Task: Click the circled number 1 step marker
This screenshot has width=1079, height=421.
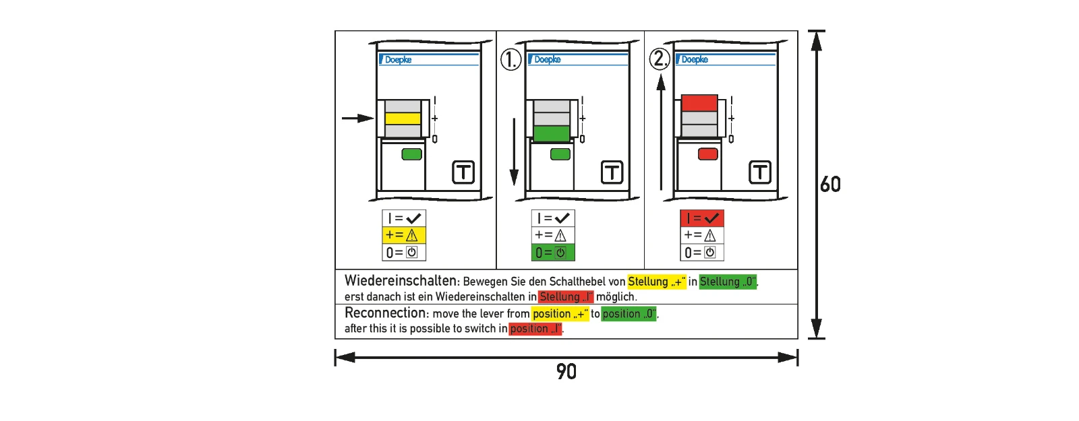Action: point(511,60)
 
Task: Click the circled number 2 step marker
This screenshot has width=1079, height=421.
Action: point(660,59)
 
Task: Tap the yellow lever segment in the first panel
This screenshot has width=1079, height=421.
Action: point(403,119)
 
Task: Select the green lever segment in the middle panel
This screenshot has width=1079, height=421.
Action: point(552,133)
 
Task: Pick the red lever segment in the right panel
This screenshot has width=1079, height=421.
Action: point(699,102)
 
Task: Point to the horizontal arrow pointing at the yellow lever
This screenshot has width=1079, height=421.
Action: point(358,118)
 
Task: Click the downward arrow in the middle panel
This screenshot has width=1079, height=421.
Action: point(514,152)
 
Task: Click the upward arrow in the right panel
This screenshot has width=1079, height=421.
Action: point(661,132)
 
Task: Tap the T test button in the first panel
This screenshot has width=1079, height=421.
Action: point(463,172)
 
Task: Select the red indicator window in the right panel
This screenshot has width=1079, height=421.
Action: point(708,154)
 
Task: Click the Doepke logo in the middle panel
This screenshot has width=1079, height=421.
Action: point(545,59)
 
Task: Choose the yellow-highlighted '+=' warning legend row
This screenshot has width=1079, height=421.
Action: point(404,235)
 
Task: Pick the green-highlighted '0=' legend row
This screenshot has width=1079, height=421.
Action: point(553,253)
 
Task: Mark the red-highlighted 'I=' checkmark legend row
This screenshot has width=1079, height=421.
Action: point(702,218)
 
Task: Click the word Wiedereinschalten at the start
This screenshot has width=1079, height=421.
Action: point(401,281)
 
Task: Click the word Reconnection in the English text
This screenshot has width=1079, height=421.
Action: point(385,313)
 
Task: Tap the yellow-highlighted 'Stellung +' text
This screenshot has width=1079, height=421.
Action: point(657,282)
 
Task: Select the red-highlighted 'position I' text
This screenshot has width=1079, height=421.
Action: point(535,329)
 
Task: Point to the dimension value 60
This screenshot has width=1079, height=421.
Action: point(830,185)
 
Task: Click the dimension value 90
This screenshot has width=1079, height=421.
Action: point(566,371)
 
